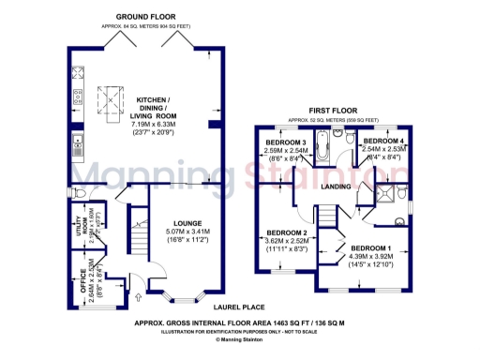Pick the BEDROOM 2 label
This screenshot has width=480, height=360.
(287, 232)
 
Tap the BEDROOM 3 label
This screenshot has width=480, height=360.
(286, 142)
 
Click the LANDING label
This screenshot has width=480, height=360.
(336, 187)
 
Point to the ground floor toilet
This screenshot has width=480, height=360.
(81, 194)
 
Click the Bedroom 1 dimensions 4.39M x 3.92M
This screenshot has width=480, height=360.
(373, 260)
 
